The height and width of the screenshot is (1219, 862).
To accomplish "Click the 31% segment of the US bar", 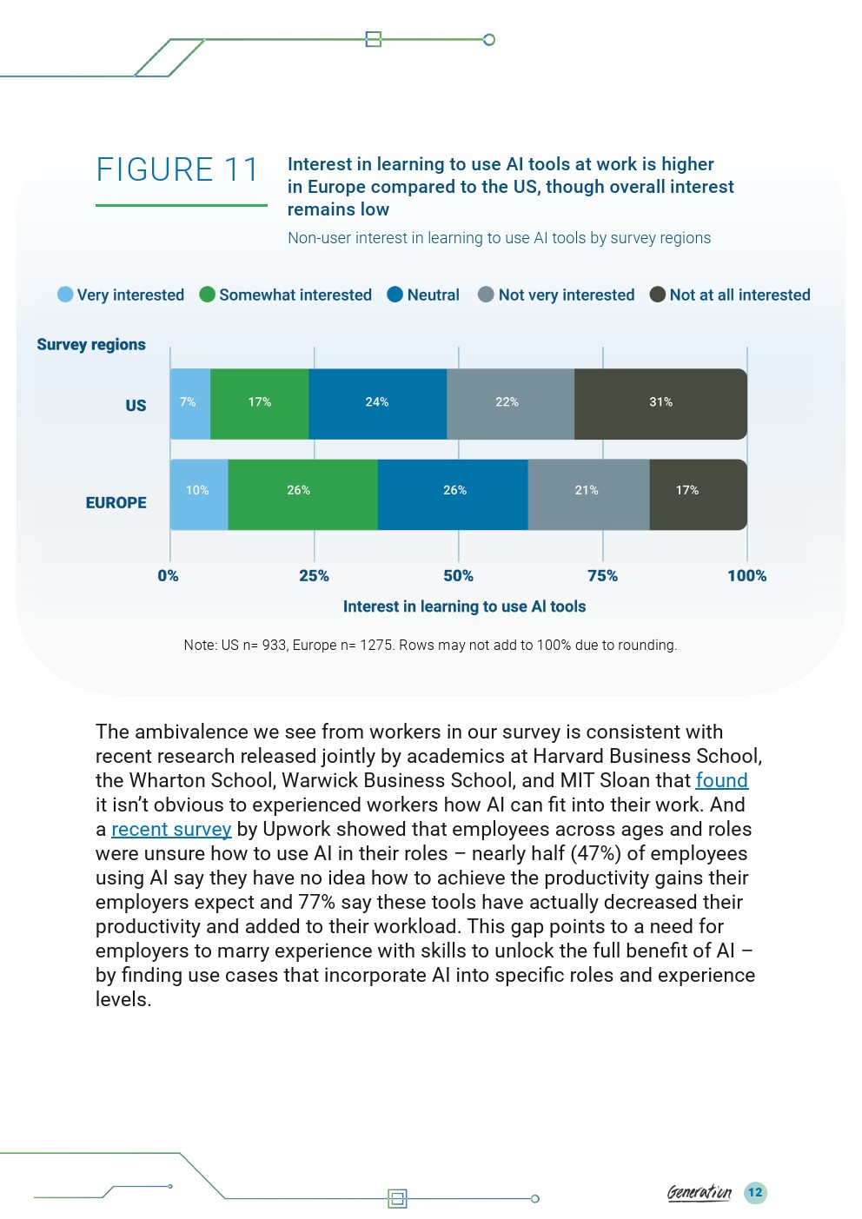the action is pyautogui.click(x=660, y=404).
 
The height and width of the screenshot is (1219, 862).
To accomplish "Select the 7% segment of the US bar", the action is pyautogui.click(x=190, y=404).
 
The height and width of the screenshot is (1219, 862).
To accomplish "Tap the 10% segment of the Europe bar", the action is pyautogui.click(x=199, y=494).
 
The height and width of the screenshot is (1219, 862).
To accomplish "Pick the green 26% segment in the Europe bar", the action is pyautogui.click(x=303, y=494).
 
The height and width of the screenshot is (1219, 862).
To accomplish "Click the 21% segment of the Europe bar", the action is pyautogui.click(x=589, y=494).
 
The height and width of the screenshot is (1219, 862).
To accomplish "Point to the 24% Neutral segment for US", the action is pyautogui.click(x=378, y=404).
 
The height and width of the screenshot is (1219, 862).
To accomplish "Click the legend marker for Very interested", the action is pyautogui.click(x=65, y=295).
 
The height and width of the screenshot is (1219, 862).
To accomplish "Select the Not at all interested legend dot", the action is pyautogui.click(x=658, y=295).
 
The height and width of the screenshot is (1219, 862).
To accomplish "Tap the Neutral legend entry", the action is pyautogui.click(x=423, y=295).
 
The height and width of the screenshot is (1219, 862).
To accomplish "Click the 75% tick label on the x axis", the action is pyautogui.click(x=602, y=576).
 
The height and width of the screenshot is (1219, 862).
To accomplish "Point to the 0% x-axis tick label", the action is pyautogui.click(x=169, y=576).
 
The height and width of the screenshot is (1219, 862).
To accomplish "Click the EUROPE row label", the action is pyautogui.click(x=116, y=502).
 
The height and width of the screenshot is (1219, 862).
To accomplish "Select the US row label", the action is pyautogui.click(x=136, y=406).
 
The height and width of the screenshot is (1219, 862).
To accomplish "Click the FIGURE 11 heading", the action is pyautogui.click(x=177, y=169).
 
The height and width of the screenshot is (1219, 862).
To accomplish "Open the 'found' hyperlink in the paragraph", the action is pyautogui.click(x=721, y=780).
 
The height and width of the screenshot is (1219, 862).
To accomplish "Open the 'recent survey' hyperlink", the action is pyautogui.click(x=171, y=829).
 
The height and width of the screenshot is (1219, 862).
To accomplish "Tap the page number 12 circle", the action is pyautogui.click(x=755, y=1193).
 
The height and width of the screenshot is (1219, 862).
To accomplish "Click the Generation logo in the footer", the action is pyautogui.click(x=700, y=1193).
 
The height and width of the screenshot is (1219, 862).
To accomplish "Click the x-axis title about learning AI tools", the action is pyautogui.click(x=464, y=606).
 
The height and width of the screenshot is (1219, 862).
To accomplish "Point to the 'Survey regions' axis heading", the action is pyautogui.click(x=91, y=344).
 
